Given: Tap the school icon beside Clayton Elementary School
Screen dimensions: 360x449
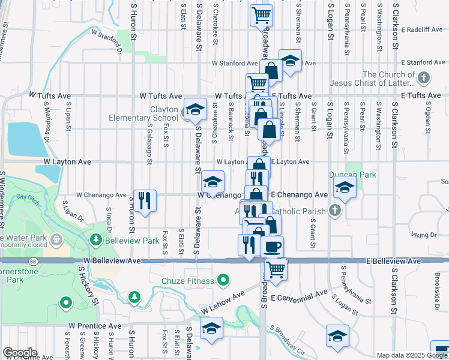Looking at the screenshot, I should point(194,110).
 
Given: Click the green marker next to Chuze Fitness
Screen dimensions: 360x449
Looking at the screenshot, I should point(223,280).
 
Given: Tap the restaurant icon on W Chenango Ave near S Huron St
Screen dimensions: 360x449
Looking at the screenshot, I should point(145,200).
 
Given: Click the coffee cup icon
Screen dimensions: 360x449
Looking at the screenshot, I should point(271,247).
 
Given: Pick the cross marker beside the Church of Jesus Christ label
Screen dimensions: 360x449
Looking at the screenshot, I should point(424,78).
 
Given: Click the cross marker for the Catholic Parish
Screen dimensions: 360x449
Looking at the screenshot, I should point(335,211).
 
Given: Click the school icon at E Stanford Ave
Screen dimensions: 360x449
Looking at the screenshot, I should point(290,61).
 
